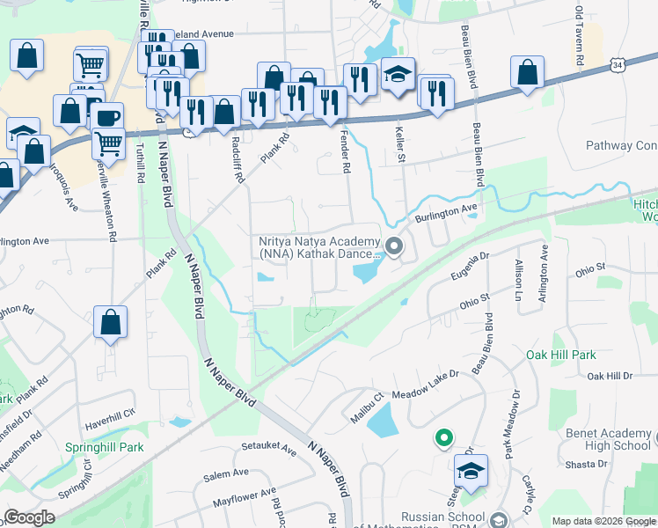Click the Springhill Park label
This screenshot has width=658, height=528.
pyautogui.click(x=104, y=447)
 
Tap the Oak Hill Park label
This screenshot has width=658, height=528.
pyautogui.click(x=560, y=355)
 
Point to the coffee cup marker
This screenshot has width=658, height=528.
pyautogui.click(x=107, y=118)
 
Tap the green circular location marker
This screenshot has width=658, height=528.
pyautogui.click(x=444, y=436)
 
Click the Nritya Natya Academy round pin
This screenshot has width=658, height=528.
pyautogui.click(x=394, y=246)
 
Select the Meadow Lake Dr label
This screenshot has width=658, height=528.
pyautogui.click(x=426, y=385)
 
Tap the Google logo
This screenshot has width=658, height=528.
pyautogui.click(x=30, y=517)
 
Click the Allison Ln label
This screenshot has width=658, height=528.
pyautogui.click(x=519, y=275)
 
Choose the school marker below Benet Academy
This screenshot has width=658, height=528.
pyautogui.click(x=471, y=471)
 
